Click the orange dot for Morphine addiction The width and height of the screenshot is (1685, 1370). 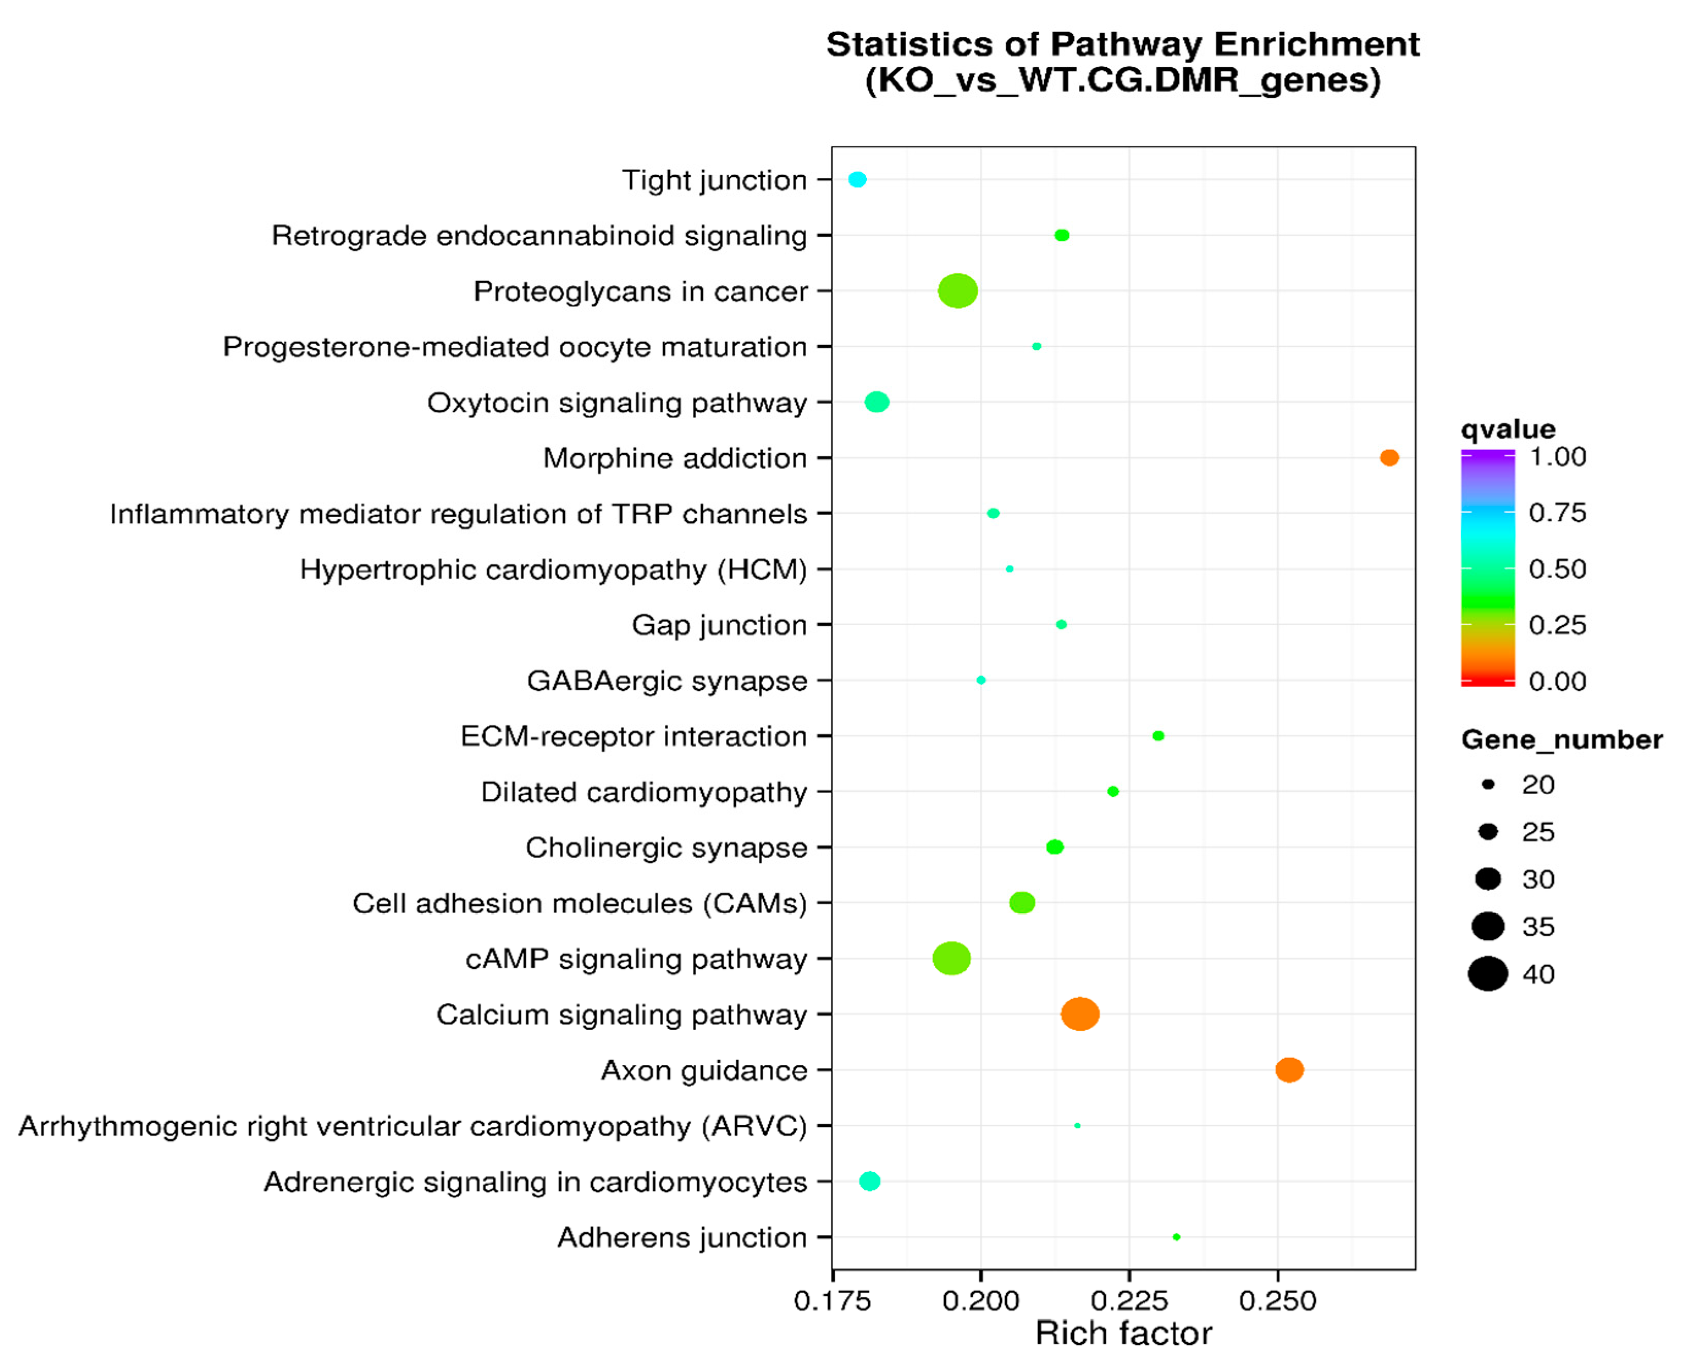coord(1389,458)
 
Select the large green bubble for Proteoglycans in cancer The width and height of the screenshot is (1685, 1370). coord(958,291)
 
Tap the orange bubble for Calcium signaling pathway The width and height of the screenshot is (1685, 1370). coord(1080,1014)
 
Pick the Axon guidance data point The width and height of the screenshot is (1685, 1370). coord(1289,1070)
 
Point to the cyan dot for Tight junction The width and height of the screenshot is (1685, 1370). coord(858,180)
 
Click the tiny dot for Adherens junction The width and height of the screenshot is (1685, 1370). coord(1176,1237)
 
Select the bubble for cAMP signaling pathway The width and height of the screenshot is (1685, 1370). coord(951,958)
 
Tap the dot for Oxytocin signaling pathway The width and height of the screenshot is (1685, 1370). coord(876,402)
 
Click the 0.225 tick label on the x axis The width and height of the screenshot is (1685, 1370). coord(1129,1300)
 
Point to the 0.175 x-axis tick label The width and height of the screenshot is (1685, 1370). coord(832,1300)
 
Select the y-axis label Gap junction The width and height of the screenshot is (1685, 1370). coord(719,625)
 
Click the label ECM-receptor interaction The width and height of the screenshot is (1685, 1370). coord(633,737)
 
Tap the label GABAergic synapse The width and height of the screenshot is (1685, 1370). coord(667,680)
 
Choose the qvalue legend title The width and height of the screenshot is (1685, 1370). coord(1507,430)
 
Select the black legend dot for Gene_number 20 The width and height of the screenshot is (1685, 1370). coord(1488,784)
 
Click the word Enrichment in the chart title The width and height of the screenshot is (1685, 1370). coord(1316,44)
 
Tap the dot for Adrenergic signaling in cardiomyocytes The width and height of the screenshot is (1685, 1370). coord(870,1181)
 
